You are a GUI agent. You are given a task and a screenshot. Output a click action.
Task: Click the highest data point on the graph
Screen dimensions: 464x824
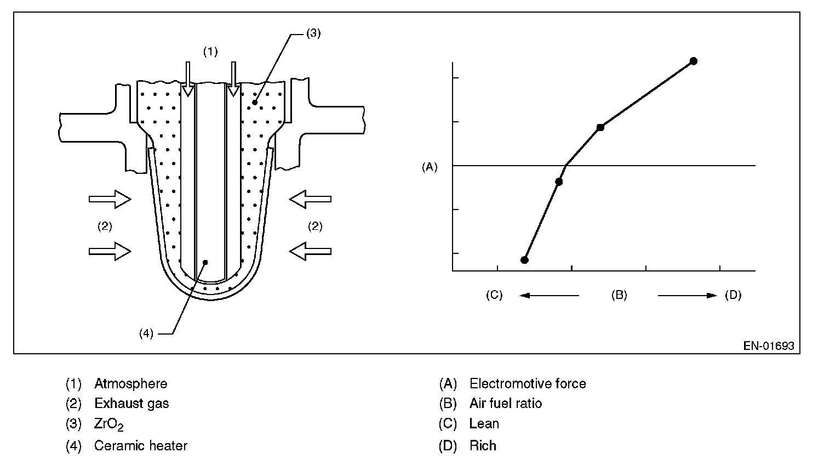[x=693, y=61]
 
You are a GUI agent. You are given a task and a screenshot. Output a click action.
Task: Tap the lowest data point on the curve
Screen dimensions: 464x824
[x=524, y=260]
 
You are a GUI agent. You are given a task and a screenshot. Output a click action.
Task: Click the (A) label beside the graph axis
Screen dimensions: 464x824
[x=430, y=167]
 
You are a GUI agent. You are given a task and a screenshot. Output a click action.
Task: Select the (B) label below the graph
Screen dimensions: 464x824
[x=619, y=295]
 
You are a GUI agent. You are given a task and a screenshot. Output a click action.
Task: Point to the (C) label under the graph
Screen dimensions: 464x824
[x=494, y=295]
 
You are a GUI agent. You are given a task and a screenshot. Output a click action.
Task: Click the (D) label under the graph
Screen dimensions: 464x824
[x=733, y=295]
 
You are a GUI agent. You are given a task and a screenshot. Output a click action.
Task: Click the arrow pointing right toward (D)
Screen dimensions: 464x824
[x=688, y=295]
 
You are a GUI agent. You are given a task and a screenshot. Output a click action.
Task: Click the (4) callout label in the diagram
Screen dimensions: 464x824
[x=146, y=333]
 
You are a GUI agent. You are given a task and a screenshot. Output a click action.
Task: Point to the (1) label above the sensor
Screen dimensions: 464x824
[x=210, y=52]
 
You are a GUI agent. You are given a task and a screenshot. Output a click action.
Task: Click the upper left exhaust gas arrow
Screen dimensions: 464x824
[x=110, y=199]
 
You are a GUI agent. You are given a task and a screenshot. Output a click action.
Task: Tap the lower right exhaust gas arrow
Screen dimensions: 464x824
[x=310, y=251]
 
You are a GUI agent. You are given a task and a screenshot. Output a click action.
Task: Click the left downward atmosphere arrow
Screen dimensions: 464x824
[x=188, y=79]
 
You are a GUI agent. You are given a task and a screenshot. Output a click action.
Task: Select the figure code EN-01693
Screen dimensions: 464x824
[x=768, y=346]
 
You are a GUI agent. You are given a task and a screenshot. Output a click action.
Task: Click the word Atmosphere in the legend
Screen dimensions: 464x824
[x=130, y=383]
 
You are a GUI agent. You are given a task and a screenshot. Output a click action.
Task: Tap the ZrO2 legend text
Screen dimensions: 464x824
[x=108, y=425]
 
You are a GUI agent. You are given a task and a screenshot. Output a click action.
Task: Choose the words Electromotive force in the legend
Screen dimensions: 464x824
[x=528, y=383]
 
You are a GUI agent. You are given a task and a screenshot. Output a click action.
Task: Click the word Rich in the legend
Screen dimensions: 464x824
[x=483, y=445]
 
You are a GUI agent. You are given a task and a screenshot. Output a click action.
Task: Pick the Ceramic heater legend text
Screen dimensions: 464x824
[x=140, y=445]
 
